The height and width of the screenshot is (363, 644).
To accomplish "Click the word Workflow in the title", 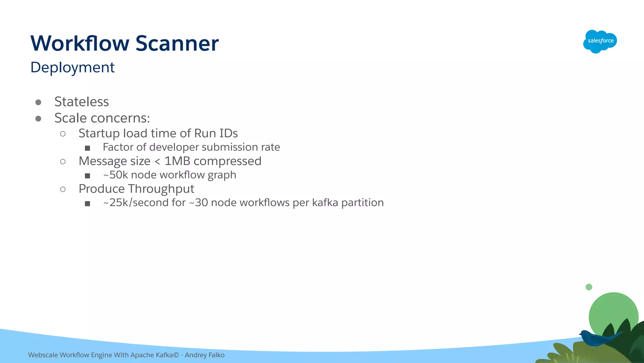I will coord(80,43).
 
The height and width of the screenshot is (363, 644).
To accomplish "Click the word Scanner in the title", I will coord(177,43).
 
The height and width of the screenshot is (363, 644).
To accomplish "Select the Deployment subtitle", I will coord(72,67).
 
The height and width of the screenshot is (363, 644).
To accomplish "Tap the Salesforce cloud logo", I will coord(600,41).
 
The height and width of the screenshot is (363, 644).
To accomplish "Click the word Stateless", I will coord(81,102).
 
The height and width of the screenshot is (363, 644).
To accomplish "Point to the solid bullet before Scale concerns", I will coord(38,118).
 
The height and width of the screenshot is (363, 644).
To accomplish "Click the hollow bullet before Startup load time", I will coord(63,134).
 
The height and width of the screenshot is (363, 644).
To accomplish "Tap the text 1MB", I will coord(177,161).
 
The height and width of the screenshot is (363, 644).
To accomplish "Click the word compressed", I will coord(227,161).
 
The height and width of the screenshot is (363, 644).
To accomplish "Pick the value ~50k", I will coord(115,175).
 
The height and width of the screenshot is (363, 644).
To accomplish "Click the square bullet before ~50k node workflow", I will coord(87,176).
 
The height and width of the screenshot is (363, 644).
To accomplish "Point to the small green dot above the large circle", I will coord(589,287).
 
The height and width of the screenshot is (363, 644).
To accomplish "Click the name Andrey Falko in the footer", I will coord(204,355).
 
